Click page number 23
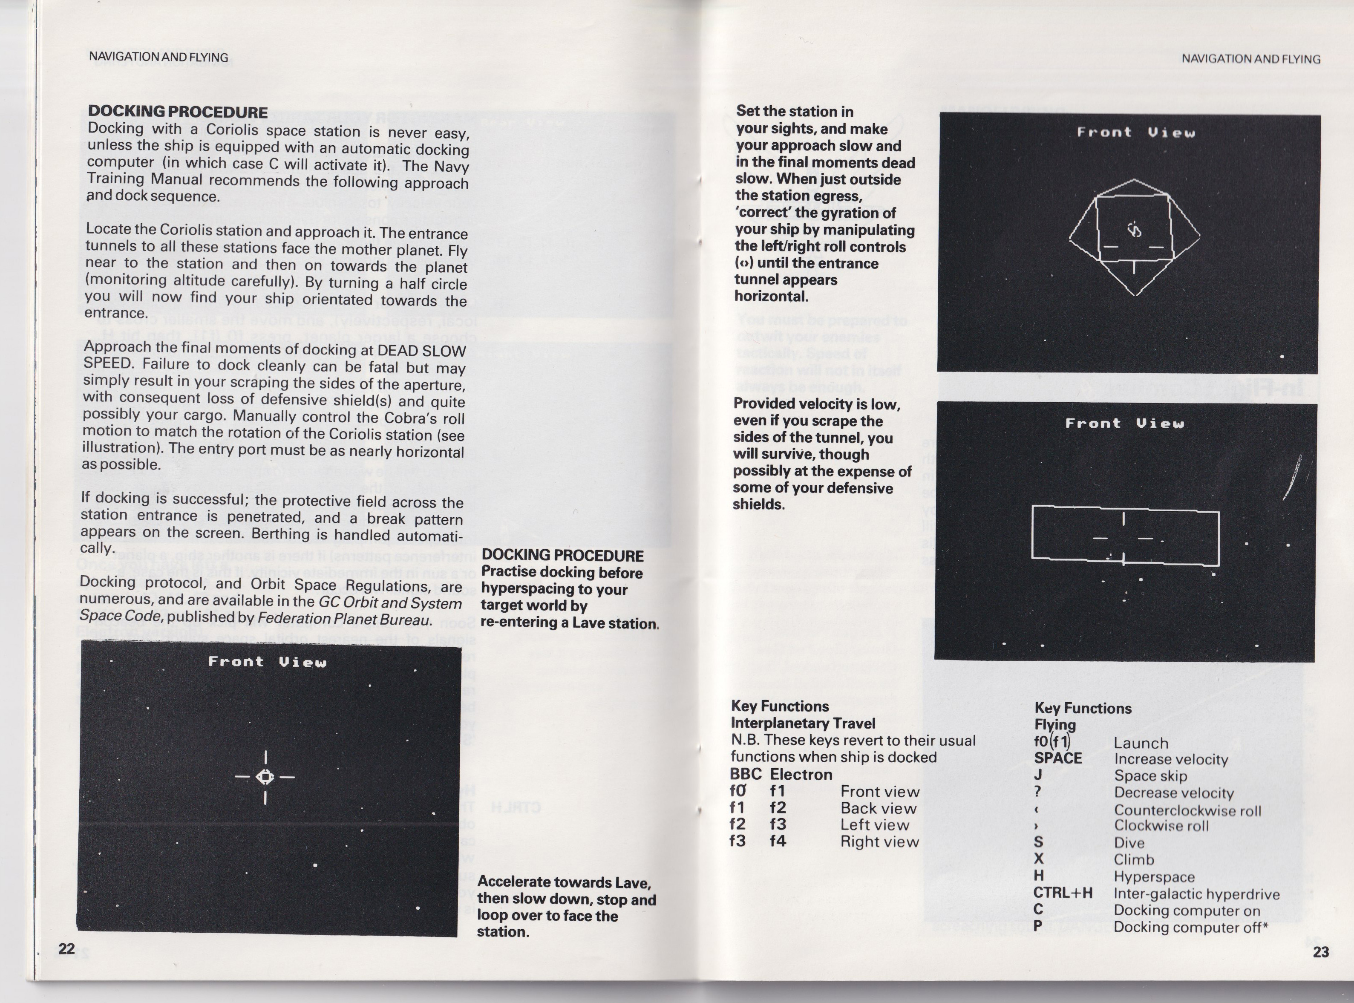[x=1321, y=951]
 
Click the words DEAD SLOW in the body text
[x=421, y=351]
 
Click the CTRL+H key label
[x=1063, y=893]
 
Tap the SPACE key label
[x=1058, y=758]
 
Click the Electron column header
[x=801, y=775]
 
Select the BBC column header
[x=746, y=774]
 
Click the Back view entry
[x=878, y=808]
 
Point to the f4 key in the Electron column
[x=778, y=841]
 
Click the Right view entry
[x=880, y=842]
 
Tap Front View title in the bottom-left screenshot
[x=267, y=662]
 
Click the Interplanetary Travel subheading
[x=803, y=723]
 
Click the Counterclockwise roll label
[x=1187, y=810]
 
